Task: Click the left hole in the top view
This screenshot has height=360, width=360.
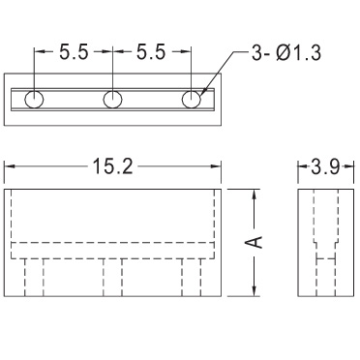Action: [x=34, y=100]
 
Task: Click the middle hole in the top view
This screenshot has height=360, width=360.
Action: [x=112, y=99]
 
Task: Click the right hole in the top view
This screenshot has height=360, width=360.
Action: [x=192, y=99]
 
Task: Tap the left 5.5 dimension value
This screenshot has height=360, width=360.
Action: [x=74, y=51]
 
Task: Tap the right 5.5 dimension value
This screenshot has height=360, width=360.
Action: [x=151, y=51]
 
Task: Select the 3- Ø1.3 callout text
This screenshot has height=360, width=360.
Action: [x=286, y=52]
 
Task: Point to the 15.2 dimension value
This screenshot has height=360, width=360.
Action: [x=112, y=166]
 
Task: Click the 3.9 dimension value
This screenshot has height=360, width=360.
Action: [x=325, y=166]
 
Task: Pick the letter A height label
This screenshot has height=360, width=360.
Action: [x=255, y=242]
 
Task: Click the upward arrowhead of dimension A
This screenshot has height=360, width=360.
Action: [x=255, y=195]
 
